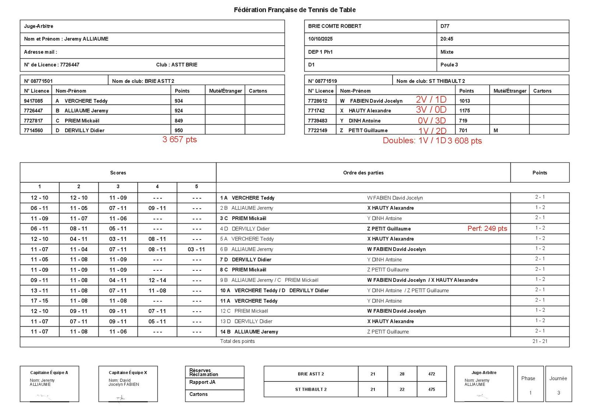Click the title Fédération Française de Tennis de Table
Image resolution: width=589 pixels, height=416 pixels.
pos(294,10)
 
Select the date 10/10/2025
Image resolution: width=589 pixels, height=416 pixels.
pos(320,39)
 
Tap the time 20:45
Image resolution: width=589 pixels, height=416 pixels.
pos(447,39)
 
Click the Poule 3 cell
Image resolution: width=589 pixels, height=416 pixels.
pos(449,65)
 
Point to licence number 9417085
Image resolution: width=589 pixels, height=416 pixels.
pos(33,101)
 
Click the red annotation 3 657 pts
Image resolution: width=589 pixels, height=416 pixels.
pos(180,140)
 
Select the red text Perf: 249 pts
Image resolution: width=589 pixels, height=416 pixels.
pos(487,228)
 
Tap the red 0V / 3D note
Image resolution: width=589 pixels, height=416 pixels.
pos(431,121)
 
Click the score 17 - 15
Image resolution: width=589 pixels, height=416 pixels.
pos(39,301)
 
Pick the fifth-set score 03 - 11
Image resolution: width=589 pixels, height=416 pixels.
pos(196,249)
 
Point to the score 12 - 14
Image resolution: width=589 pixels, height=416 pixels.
pos(157,280)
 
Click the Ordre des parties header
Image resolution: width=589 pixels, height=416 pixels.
pos(363,173)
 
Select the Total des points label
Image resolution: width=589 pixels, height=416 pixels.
pos(237,341)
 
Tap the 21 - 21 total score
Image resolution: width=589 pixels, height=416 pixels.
pos(540,341)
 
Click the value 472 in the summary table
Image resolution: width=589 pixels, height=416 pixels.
pos(431,374)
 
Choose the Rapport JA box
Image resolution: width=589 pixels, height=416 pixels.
pos(202,383)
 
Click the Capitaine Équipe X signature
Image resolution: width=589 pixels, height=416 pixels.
pos(121,398)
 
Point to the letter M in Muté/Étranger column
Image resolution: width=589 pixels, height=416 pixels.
pos(495,131)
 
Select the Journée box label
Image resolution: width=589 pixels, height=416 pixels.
pos(558,378)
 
